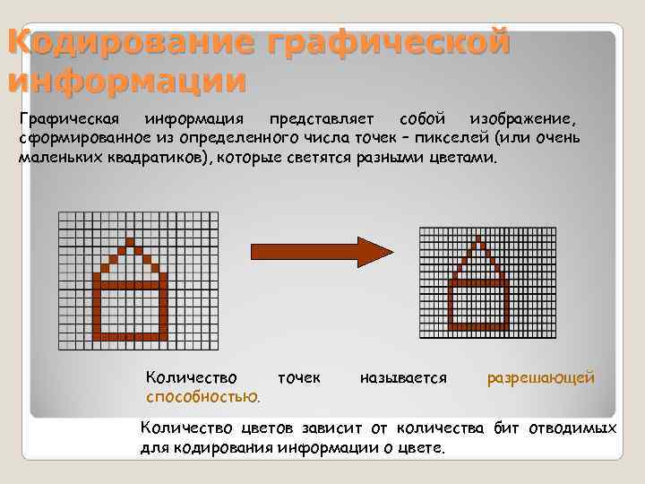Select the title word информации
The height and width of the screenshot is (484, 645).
(125, 81)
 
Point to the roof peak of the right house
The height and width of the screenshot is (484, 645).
(478, 241)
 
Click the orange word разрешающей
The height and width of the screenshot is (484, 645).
(540, 378)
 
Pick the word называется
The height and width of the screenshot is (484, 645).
(402, 378)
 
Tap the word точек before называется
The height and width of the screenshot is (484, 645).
(299, 378)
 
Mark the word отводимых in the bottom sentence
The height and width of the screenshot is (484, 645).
(572, 428)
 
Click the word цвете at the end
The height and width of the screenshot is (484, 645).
(420, 446)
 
